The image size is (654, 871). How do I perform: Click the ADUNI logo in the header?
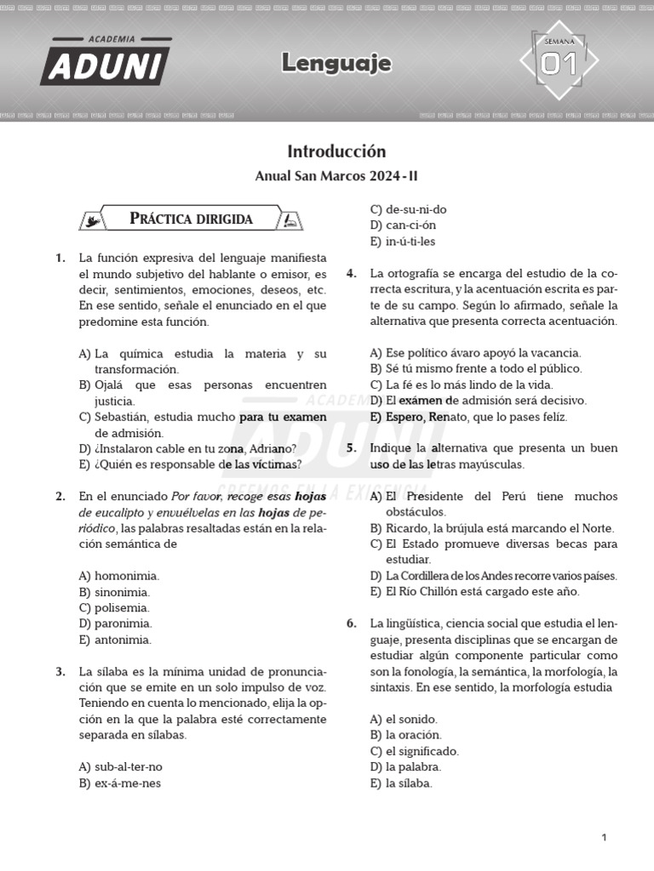click(105, 62)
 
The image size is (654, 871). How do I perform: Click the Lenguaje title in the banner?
click(336, 63)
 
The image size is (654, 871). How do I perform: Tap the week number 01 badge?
click(559, 62)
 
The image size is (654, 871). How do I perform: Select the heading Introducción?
click(336, 151)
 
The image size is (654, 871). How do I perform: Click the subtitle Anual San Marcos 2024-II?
click(336, 177)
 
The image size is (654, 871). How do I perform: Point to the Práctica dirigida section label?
click(191, 219)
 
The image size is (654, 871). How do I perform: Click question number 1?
click(60, 258)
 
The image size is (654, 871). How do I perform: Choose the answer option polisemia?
click(121, 608)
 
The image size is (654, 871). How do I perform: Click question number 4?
click(351, 274)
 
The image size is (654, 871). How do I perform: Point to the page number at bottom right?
click(604, 838)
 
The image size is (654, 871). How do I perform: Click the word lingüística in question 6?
click(412, 623)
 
